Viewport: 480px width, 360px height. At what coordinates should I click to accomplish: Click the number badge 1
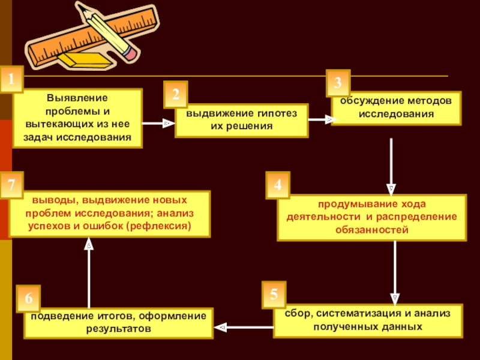click(x=11, y=79)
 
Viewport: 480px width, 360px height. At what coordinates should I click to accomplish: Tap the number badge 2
click(x=175, y=94)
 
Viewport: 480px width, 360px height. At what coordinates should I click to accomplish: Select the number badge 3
click(x=338, y=82)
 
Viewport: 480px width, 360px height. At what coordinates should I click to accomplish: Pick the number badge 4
click(x=278, y=185)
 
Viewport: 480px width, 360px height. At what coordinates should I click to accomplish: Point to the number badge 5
click(x=274, y=294)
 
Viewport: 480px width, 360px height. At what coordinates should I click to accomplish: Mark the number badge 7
click(x=11, y=185)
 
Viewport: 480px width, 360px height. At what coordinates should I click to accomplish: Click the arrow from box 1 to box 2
click(x=158, y=123)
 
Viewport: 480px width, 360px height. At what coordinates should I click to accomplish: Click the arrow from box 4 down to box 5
click(x=394, y=270)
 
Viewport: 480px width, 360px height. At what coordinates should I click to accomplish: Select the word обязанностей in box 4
click(x=367, y=230)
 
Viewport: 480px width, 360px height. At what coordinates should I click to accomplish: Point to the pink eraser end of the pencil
click(x=129, y=52)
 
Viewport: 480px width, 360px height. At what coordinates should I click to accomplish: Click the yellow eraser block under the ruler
click(x=85, y=59)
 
